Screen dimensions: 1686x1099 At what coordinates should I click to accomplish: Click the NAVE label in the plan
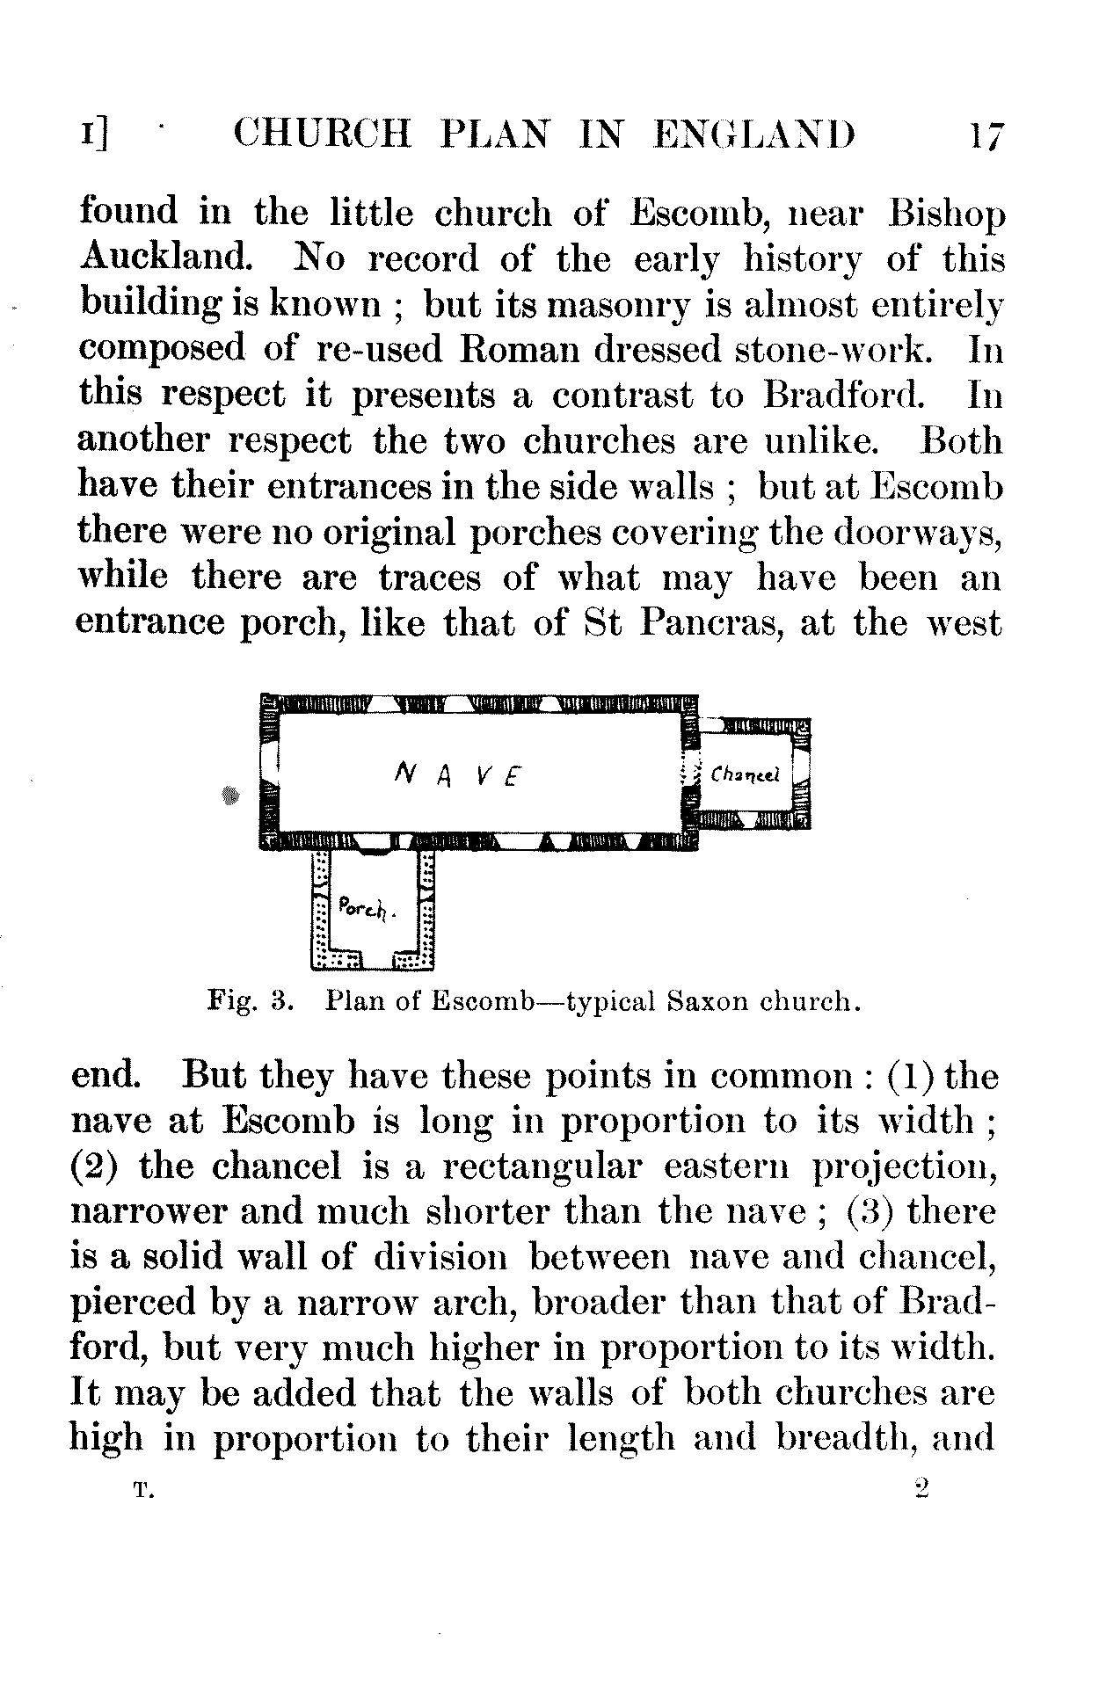(456, 774)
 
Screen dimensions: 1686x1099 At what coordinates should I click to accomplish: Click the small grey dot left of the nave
(231, 796)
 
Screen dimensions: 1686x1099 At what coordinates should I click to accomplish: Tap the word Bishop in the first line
(948, 214)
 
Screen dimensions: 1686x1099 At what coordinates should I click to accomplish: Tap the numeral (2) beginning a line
(95, 1166)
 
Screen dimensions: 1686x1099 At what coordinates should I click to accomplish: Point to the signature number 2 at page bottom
(921, 1488)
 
